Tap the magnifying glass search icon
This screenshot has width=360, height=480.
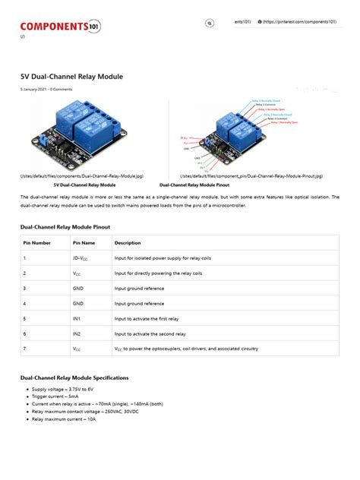[209, 24]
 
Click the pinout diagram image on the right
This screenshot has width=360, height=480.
[234, 134]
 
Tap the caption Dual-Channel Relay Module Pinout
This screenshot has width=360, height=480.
[194, 185]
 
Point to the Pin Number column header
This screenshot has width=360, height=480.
[37, 243]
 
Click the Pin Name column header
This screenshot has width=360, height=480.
[84, 243]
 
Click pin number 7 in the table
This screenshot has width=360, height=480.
[25, 349]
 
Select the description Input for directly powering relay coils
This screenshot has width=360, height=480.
[158, 273]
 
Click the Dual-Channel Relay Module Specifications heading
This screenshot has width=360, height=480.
[74, 377]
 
